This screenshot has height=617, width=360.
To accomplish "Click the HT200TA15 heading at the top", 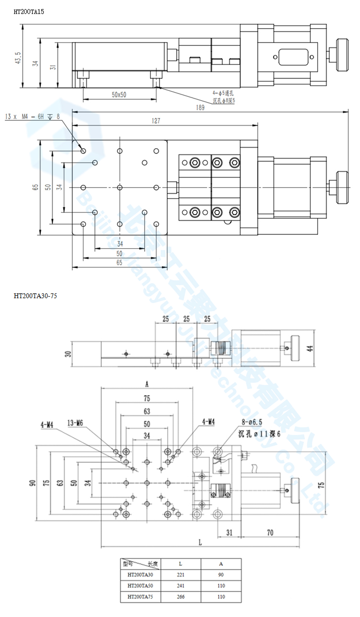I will click(x=29, y=12).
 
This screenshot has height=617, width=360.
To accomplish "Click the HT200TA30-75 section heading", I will click(x=35, y=296).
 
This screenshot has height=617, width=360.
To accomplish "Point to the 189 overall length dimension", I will click(x=200, y=107).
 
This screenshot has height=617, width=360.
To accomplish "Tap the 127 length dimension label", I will click(x=156, y=121).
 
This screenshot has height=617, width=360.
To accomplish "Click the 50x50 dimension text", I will click(x=119, y=95).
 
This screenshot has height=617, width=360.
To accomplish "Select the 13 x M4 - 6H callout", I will click(x=32, y=117).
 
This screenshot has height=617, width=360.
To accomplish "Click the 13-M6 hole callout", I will click(x=75, y=423).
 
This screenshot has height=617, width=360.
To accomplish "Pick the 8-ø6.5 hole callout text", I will click(x=252, y=422).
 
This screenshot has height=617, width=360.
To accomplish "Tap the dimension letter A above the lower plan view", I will click(x=147, y=384).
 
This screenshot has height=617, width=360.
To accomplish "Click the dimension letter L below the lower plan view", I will click(x=200, y=542).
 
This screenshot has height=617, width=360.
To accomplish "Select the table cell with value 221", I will click(x=180, y=575).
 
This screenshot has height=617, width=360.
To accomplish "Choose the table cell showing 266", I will click(x=180, y=597).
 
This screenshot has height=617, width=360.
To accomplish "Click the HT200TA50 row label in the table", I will click(x=140, y=586).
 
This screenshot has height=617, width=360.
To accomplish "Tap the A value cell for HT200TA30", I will click(x=221, y=575).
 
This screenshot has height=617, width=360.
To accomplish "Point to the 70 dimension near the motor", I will click(x=270, y=532).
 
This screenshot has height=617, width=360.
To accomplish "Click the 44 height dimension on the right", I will click(x=310, y=348).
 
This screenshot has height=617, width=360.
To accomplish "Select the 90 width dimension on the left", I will click(x=32, y=483).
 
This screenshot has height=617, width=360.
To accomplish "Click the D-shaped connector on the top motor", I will click(x=293, y=57).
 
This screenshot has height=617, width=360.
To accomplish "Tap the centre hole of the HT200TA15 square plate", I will click(x=120, y=188).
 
